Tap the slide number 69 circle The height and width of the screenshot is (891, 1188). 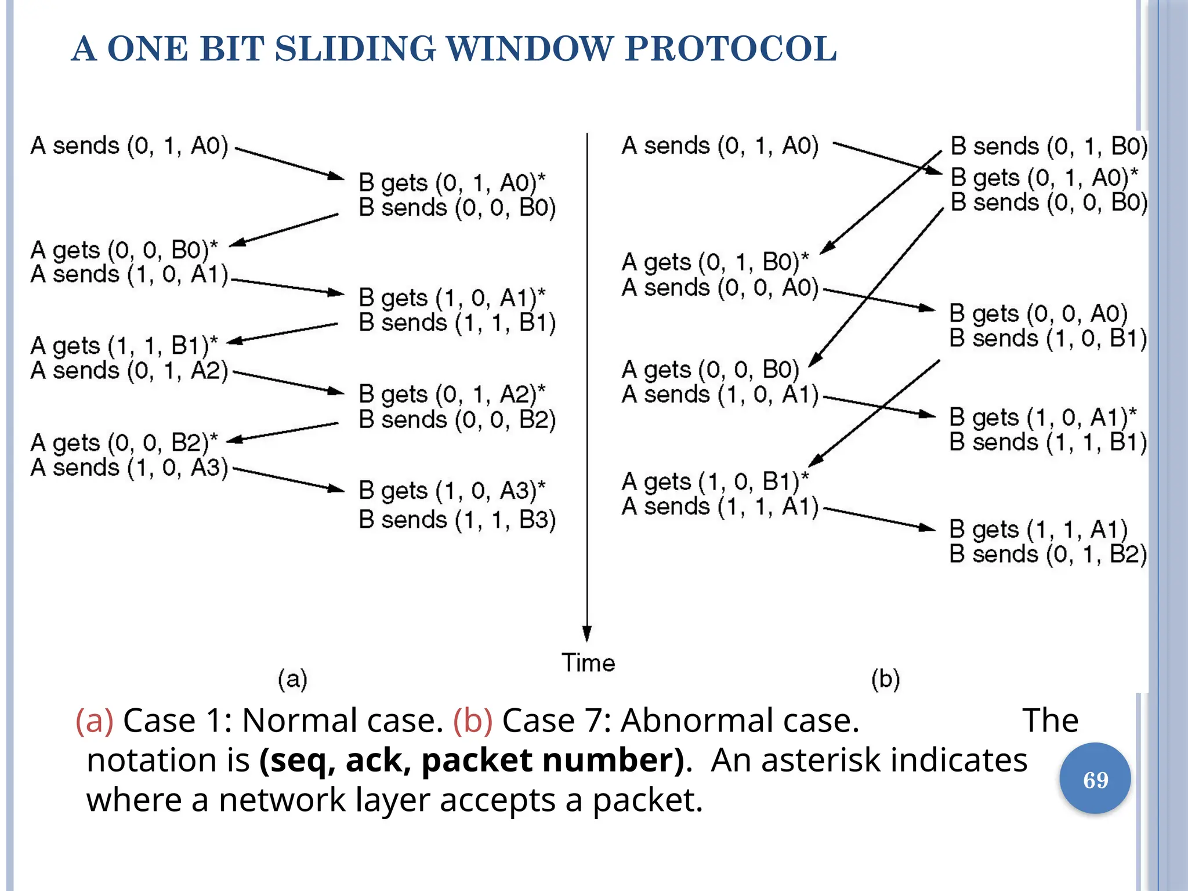coord(1095,779)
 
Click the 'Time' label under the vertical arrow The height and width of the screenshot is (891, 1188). coord(588,662)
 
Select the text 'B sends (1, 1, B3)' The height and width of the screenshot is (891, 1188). coord(457,520)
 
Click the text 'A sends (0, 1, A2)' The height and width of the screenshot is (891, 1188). coord(129,371)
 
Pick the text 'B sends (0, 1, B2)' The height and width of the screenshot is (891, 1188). coord(1048,555)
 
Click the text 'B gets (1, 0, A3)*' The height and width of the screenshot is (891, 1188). coord(452,491)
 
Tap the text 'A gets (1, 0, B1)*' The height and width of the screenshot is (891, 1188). coord(715,482)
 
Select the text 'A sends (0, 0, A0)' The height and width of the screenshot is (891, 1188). coord(720,288)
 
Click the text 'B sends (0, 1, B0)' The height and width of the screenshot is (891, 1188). coord(1049,146)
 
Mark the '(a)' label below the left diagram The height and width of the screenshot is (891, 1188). coord(292,679)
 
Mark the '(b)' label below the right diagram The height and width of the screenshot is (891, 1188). coord(885,679)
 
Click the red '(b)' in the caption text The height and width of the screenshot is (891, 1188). coord(473,721)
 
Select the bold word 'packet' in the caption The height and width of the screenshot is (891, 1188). coord(476,760)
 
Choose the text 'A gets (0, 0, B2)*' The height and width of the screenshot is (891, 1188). coord(124,443)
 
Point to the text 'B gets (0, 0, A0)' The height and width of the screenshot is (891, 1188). coord(1038,314)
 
